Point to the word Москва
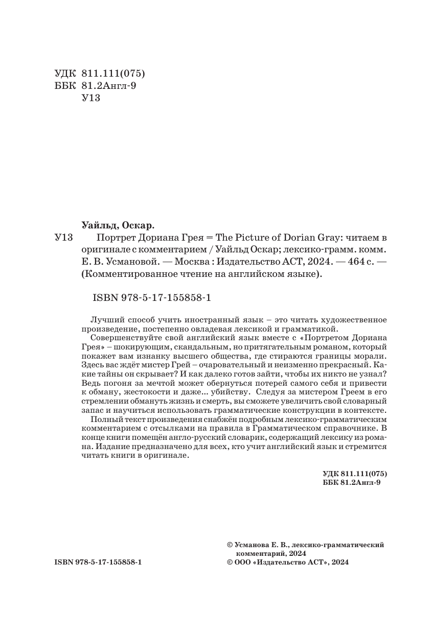pyautogui.click(x=196, y=262)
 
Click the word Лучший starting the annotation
pyautogui.click(x=104, y=319)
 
